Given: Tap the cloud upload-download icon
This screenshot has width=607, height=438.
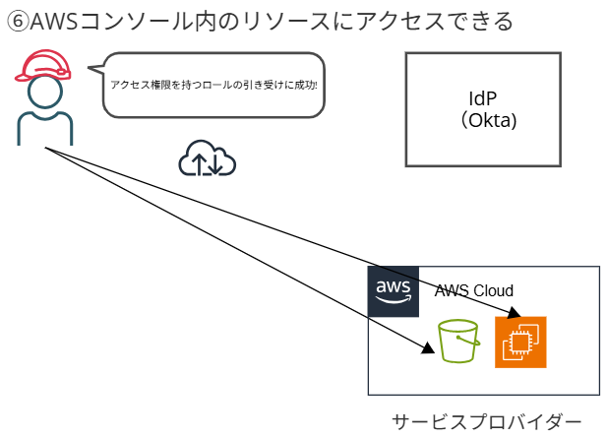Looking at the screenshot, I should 207,158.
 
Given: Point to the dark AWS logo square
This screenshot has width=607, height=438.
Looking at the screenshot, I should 393,291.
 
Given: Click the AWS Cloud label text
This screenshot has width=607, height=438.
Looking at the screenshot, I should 474,291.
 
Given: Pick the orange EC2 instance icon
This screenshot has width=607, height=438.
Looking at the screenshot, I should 520,342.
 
